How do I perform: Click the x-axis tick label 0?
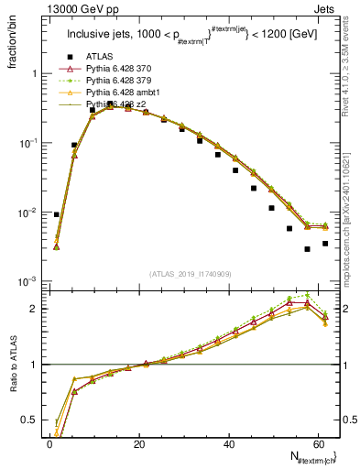49,443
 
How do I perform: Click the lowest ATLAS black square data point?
307,249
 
